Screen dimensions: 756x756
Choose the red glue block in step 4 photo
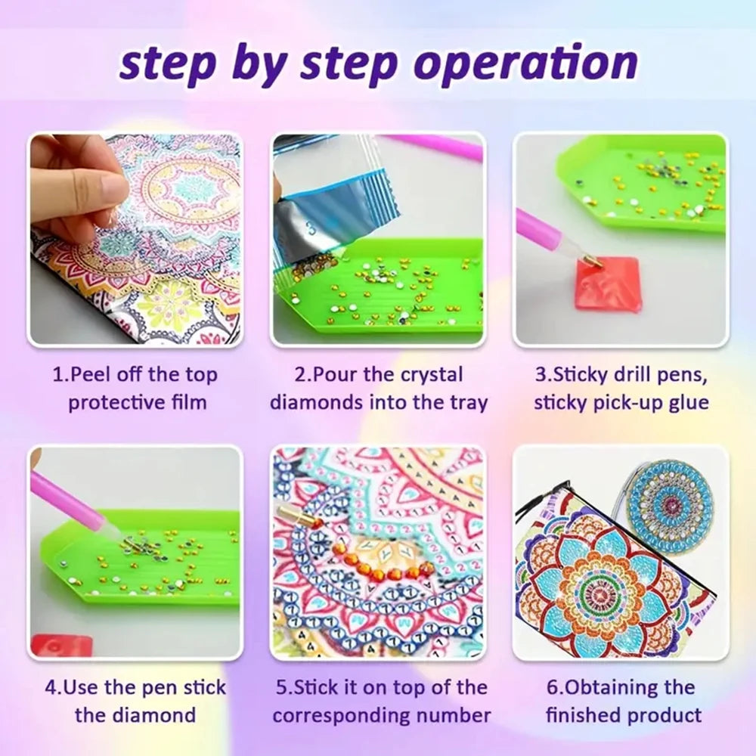click(x=60, y=645)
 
